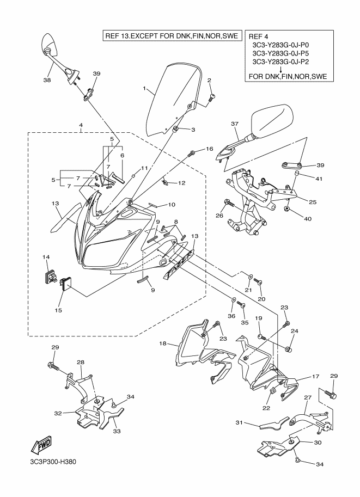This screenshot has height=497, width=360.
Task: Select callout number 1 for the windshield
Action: [144, 88]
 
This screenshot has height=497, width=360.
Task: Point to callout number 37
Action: [235, 125]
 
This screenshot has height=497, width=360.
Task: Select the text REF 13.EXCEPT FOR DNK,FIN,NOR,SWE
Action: [171, 37]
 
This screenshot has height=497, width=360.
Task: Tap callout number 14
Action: [46, 257]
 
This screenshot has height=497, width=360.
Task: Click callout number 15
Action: [58, 311]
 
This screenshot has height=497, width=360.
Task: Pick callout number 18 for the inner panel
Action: [162, 344]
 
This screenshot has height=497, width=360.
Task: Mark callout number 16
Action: [209, 149]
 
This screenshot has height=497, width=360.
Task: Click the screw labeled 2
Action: [212, 98]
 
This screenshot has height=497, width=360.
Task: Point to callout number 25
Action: [312, 202]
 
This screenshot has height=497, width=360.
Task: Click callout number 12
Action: [182, 183]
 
